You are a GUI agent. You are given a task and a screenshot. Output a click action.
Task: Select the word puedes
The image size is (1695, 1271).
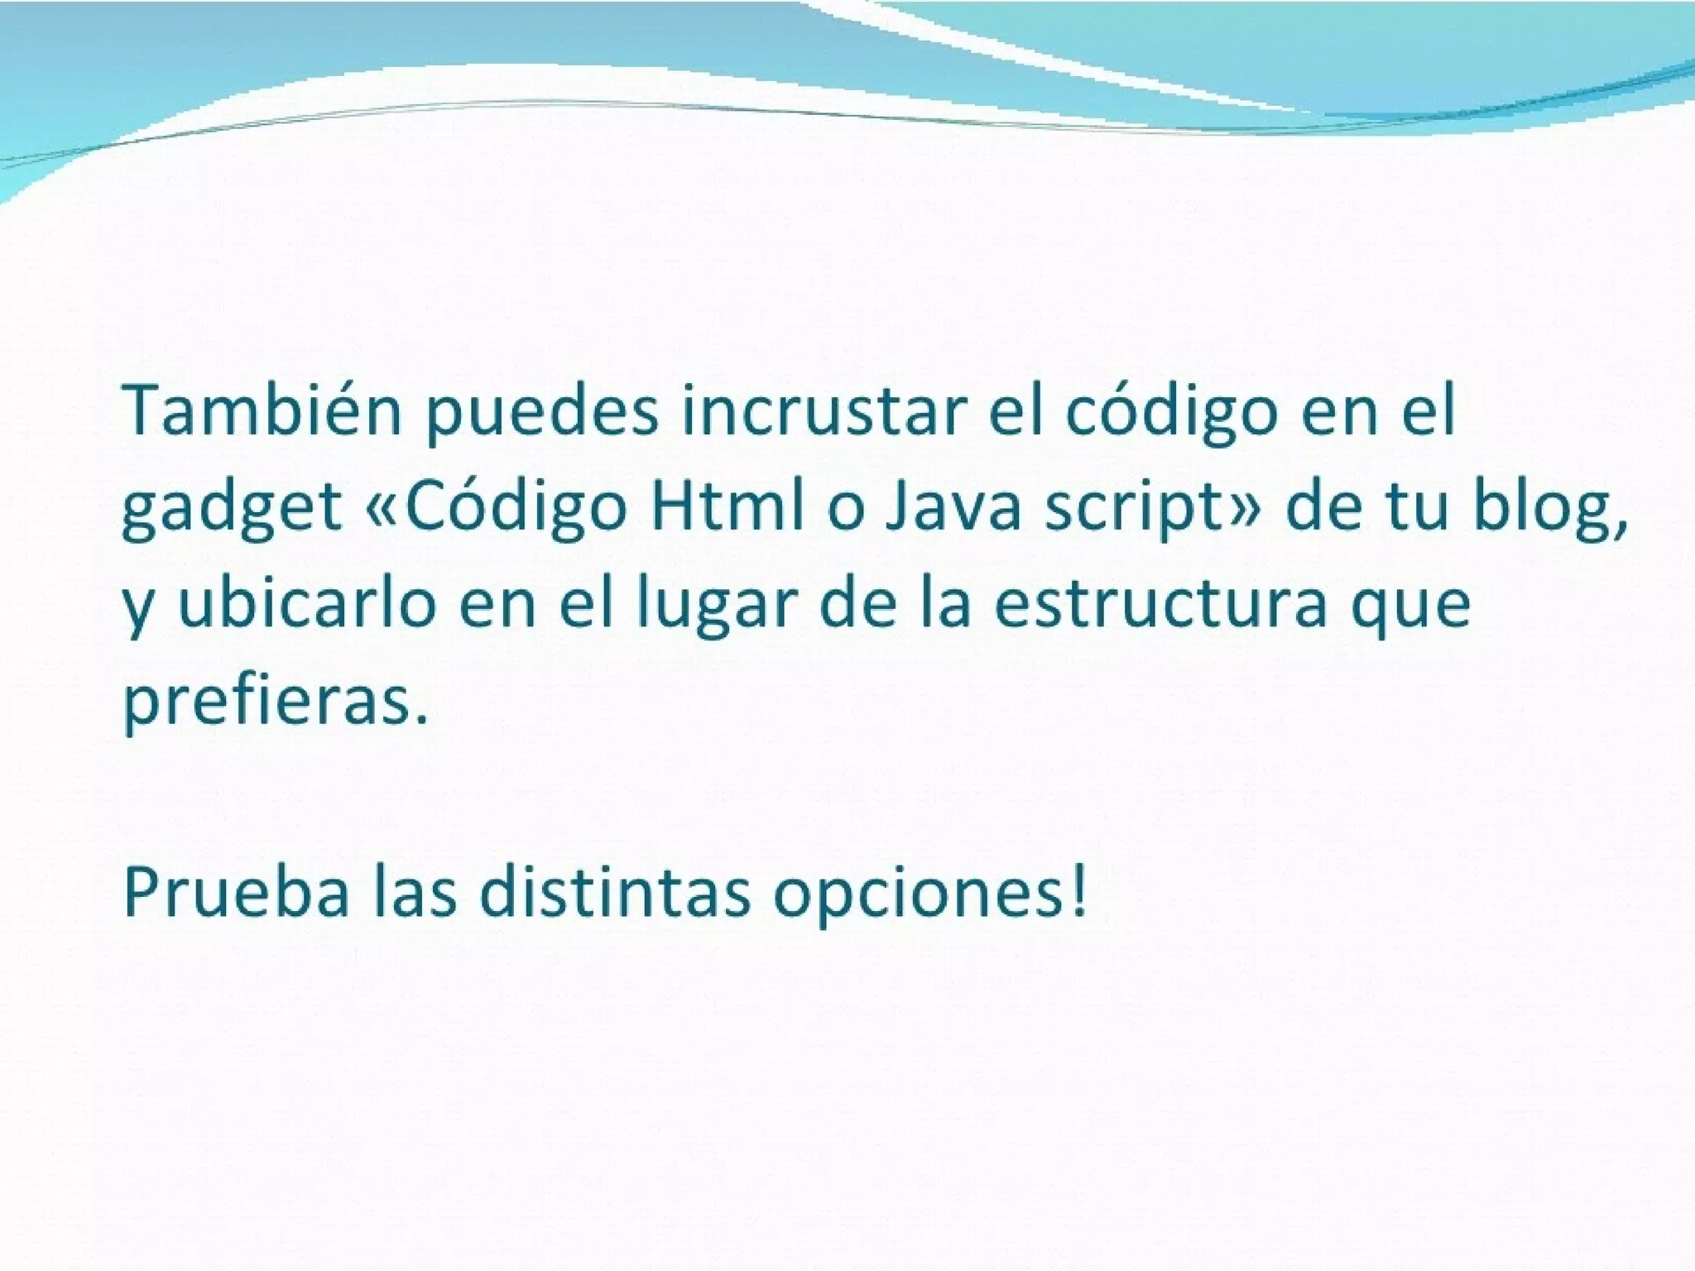click(543, 411)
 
